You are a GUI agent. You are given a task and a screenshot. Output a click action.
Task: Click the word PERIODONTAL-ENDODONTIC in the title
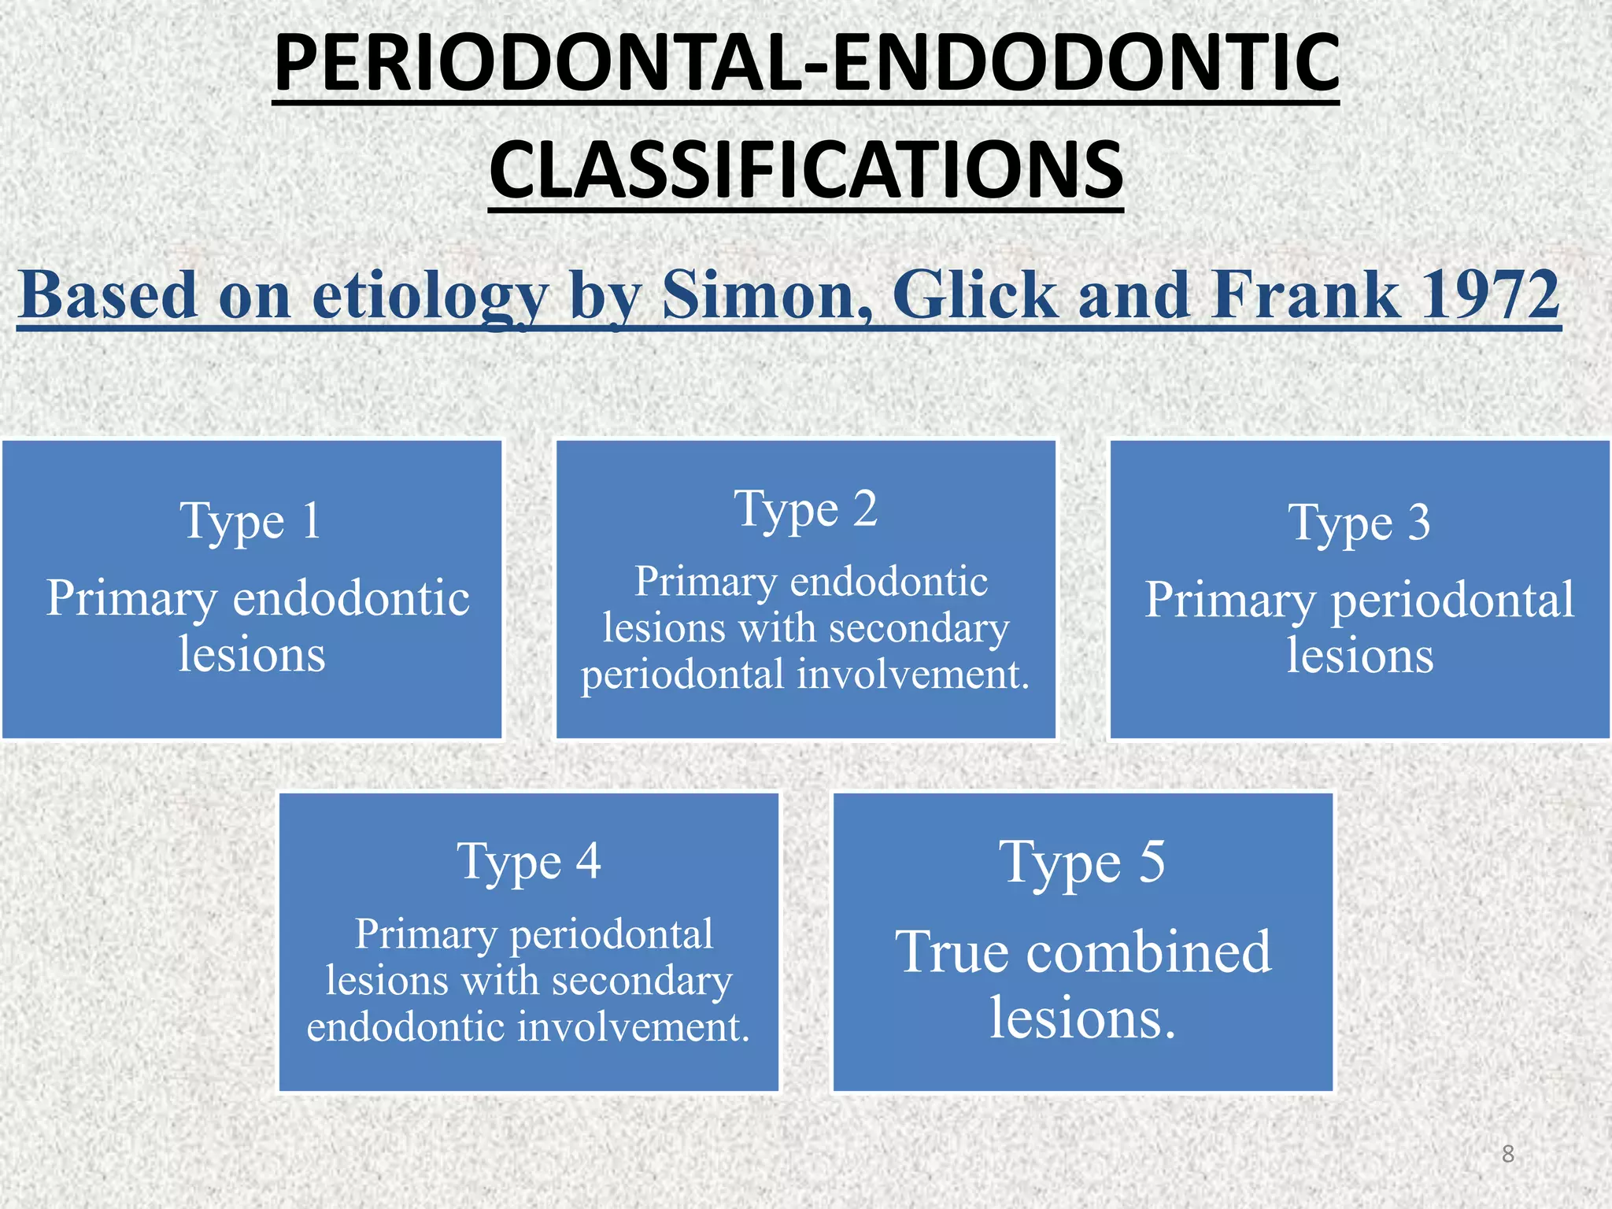pos(806,63)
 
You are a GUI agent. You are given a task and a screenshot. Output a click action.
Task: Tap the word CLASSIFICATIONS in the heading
pos(806,170)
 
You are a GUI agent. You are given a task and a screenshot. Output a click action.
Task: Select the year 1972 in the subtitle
pos(1481,294)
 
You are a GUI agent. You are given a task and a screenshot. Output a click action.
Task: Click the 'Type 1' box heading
pos(251,521)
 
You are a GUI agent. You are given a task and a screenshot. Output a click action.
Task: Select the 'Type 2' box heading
pos(805,509)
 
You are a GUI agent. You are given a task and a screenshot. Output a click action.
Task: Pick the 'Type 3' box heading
pos(1359,523)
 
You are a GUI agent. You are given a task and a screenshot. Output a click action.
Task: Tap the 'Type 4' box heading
pos(529,861)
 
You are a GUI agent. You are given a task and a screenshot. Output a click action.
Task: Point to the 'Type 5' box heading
pos(1082,863)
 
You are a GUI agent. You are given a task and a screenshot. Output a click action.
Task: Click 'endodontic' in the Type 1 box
pos(351,598)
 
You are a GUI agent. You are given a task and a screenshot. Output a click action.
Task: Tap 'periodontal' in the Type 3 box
pos(1453,600)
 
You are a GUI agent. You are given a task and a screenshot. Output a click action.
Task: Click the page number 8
pos(1508,1154)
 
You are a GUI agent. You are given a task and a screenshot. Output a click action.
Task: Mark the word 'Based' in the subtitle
pos(108,294)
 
